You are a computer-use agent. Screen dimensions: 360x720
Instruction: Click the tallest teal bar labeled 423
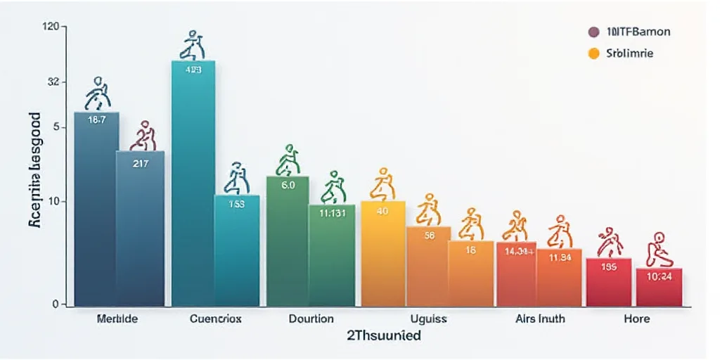(x=193, y=183)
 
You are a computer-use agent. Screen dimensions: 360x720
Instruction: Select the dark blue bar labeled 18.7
(x=96, y=211)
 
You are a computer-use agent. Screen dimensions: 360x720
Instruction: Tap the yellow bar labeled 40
(x=383, y=253)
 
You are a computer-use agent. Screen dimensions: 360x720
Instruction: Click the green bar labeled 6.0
(x=288, y=239)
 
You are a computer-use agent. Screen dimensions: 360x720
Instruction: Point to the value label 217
(x=141, y=163)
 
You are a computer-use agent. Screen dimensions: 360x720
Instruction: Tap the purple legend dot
(x=593, y=32)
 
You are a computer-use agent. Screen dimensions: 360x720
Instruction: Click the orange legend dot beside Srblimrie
(x=593, y=53)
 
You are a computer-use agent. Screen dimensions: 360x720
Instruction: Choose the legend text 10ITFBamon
(x=638, y=32)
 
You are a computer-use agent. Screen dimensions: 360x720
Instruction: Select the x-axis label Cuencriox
(x=215, y=319)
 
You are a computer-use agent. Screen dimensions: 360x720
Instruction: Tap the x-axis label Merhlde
(x=118, y=319)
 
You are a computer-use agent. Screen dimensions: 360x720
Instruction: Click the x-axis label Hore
(x=636, y=319)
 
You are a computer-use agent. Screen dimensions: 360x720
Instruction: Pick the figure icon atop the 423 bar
(x=193, y=45)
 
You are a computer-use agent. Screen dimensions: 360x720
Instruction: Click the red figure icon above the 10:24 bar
(x=659, y=249)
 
